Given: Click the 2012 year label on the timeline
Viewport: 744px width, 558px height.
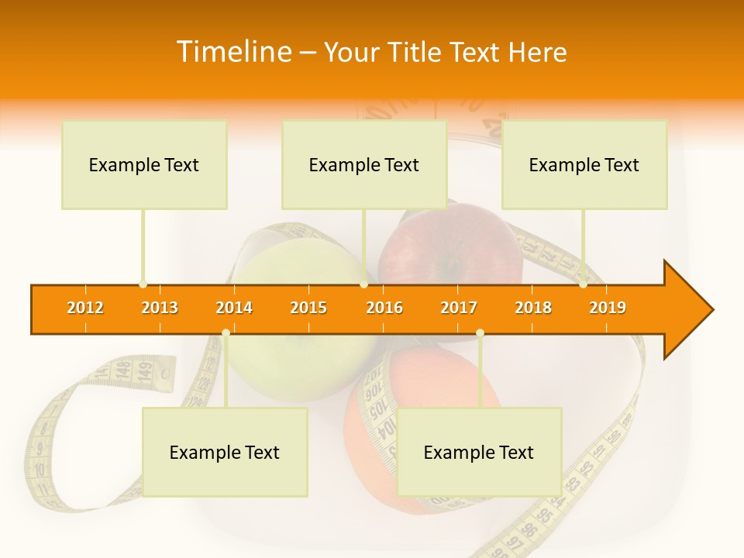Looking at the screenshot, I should [x=85, y=308].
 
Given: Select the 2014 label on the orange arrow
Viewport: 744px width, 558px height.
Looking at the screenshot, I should [x=234, y=308].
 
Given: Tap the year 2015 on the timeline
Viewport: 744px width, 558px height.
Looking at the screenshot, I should [x=308, y=308].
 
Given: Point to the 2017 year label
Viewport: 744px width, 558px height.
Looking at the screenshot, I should [x=459, y=308].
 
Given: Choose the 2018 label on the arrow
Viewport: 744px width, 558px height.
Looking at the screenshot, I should [x=533, y=308].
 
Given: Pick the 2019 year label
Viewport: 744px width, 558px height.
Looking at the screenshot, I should [x=608, y=308].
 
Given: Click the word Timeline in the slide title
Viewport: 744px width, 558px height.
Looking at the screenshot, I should [x=232, y=52].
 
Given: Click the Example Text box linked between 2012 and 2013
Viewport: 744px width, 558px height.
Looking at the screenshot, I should [x=144, y=164].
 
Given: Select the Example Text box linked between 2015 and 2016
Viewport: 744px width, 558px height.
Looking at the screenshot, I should [x=364, y=164].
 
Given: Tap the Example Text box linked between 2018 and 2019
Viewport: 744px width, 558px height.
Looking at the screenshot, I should [x=584, y=164].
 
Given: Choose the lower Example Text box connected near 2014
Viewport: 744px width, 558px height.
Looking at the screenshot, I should [x=225, y=452].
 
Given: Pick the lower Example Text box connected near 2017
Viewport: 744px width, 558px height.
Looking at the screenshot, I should [x=479, y=452].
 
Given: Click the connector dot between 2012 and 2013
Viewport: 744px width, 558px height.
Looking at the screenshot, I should [x=143, y=284].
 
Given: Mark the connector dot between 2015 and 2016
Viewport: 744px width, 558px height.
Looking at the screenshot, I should [x=363, y=284].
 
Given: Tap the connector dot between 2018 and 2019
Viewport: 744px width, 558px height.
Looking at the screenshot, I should [x=584, y=284].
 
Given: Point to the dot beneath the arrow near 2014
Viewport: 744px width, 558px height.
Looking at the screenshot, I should [x=226, y=332].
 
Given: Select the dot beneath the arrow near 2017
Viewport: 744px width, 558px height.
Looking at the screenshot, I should [x=480, y=332].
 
